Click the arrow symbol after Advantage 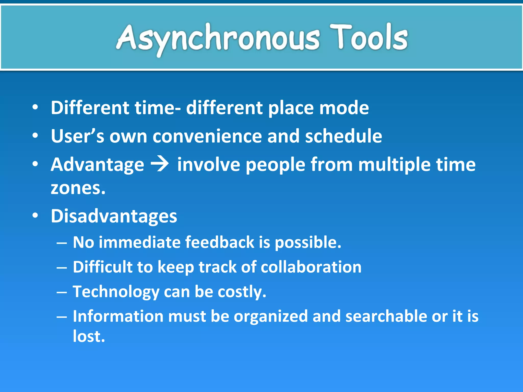click(x=160, y=164)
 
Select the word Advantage click(x=97, y=165)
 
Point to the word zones click(x=78, y=188)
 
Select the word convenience click(x=207, y=136)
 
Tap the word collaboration click(x=311, y=267)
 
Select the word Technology click(x=116, y=292)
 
